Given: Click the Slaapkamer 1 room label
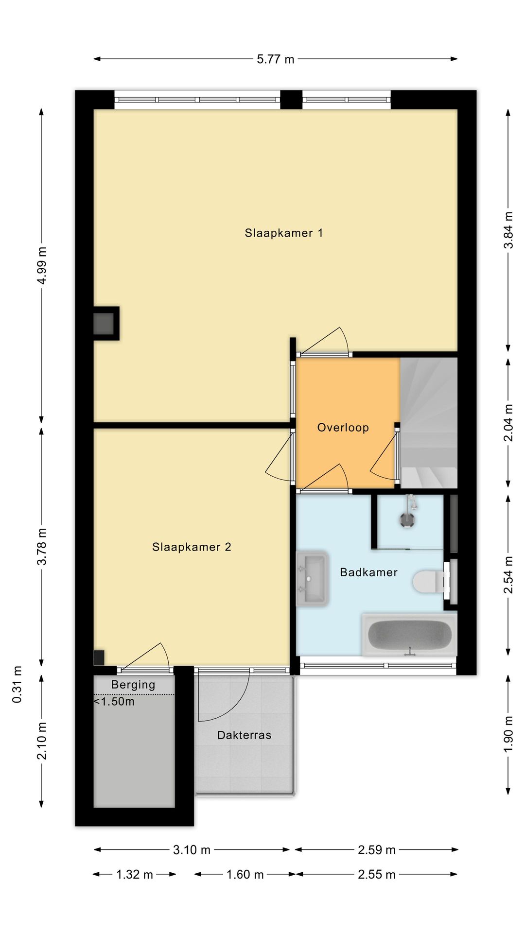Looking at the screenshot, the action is [x=284, y=233].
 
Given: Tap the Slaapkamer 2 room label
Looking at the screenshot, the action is [x=192, y=547].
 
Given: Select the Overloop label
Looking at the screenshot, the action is [x=343, y=428].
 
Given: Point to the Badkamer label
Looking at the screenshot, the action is [x=368, y=572].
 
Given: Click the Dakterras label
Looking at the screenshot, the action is [x=244, y=735].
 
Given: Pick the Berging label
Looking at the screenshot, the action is [x=133, y=685].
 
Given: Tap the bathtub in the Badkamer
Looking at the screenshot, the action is [x=409, y=635].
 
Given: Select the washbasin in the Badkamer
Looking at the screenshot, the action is [x=313, y=578].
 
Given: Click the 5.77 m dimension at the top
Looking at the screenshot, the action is [x=276, y=59].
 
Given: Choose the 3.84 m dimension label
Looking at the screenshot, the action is [x=508, y=230].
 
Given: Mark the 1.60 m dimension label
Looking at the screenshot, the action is [x=245, y=875].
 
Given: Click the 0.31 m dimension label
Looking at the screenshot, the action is [x=17, y=684].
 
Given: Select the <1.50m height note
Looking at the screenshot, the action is [x=114, y=701].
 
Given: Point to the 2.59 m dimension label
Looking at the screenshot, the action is [x=377, y=849].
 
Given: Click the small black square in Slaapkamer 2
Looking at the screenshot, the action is [x=99, y=657].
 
